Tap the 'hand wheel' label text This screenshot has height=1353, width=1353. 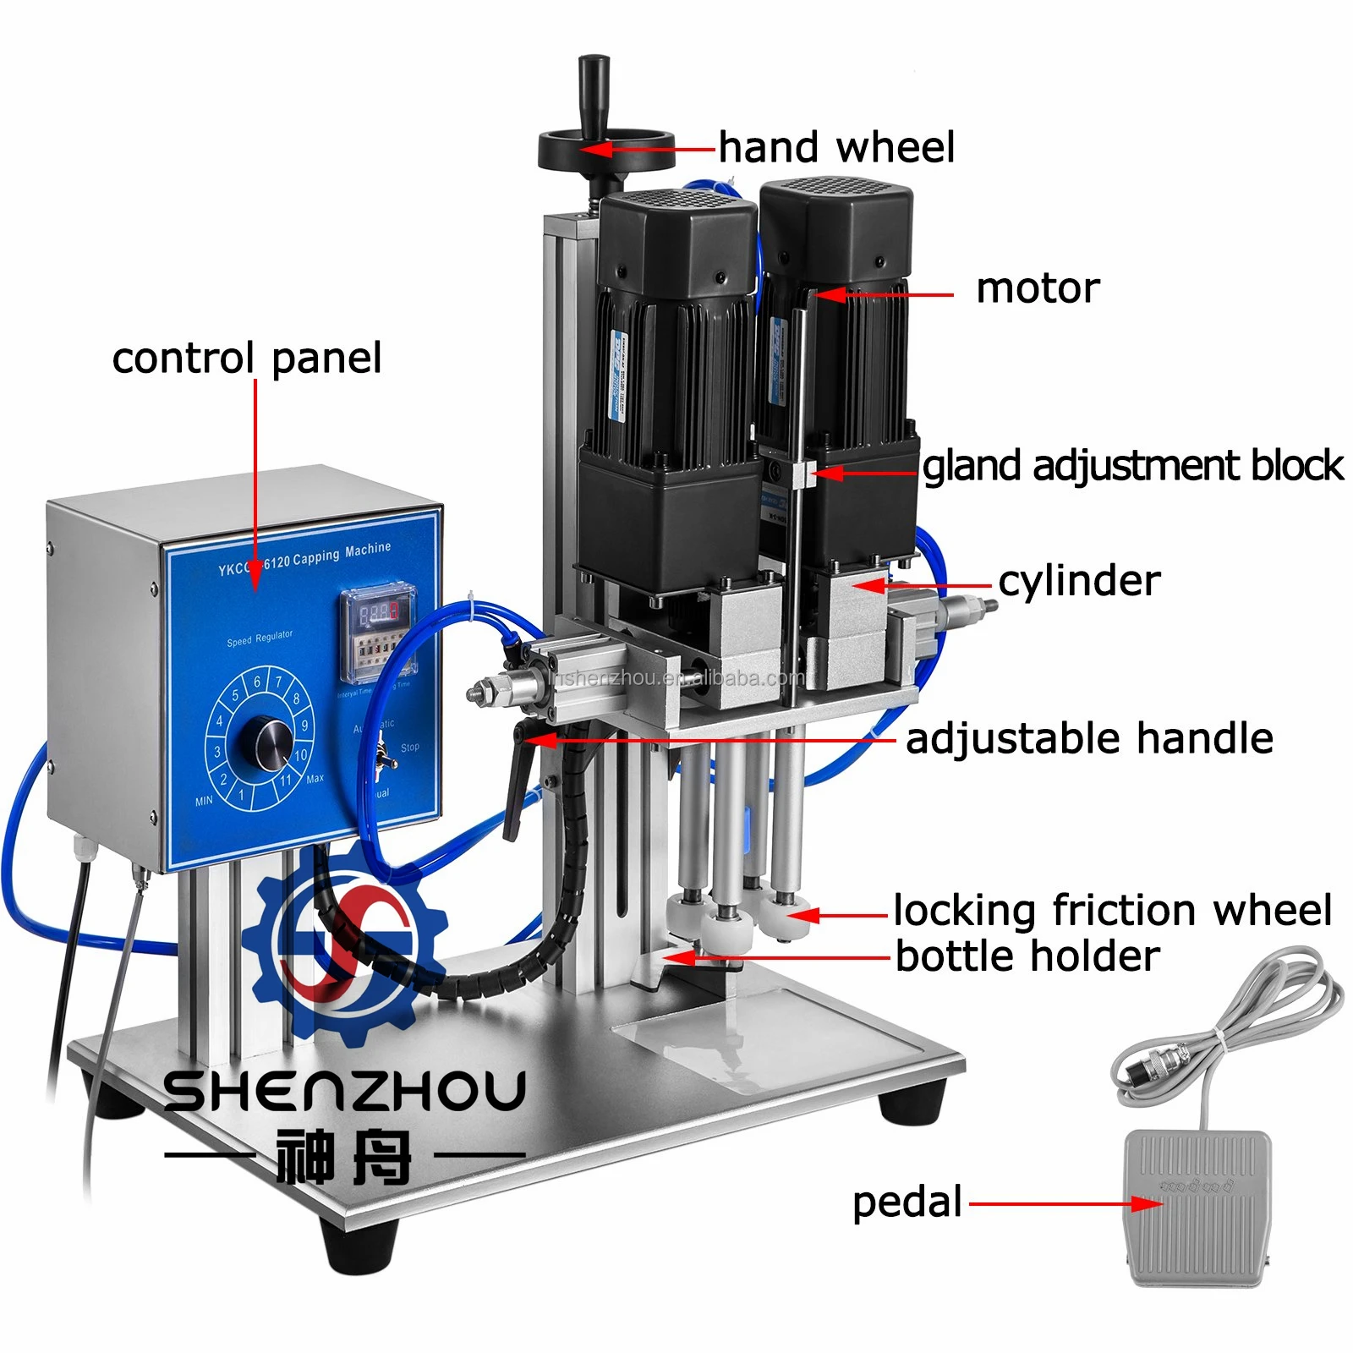point(836,148)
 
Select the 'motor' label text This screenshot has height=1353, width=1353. point(1038,288)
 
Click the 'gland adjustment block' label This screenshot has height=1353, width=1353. point(1132,466)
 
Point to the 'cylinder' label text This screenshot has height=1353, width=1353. point(1079,581)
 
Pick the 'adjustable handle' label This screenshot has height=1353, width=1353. point(1089,738)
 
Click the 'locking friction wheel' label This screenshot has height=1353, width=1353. point(1112,911)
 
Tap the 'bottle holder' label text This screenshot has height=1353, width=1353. point(1027,956)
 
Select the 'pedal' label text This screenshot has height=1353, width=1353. point(907,1202)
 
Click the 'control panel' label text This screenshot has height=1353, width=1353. point(247,358)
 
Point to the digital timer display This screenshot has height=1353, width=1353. point(378,613)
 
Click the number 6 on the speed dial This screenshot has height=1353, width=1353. point(257,682)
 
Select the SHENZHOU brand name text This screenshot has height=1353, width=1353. point(344,1092)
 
